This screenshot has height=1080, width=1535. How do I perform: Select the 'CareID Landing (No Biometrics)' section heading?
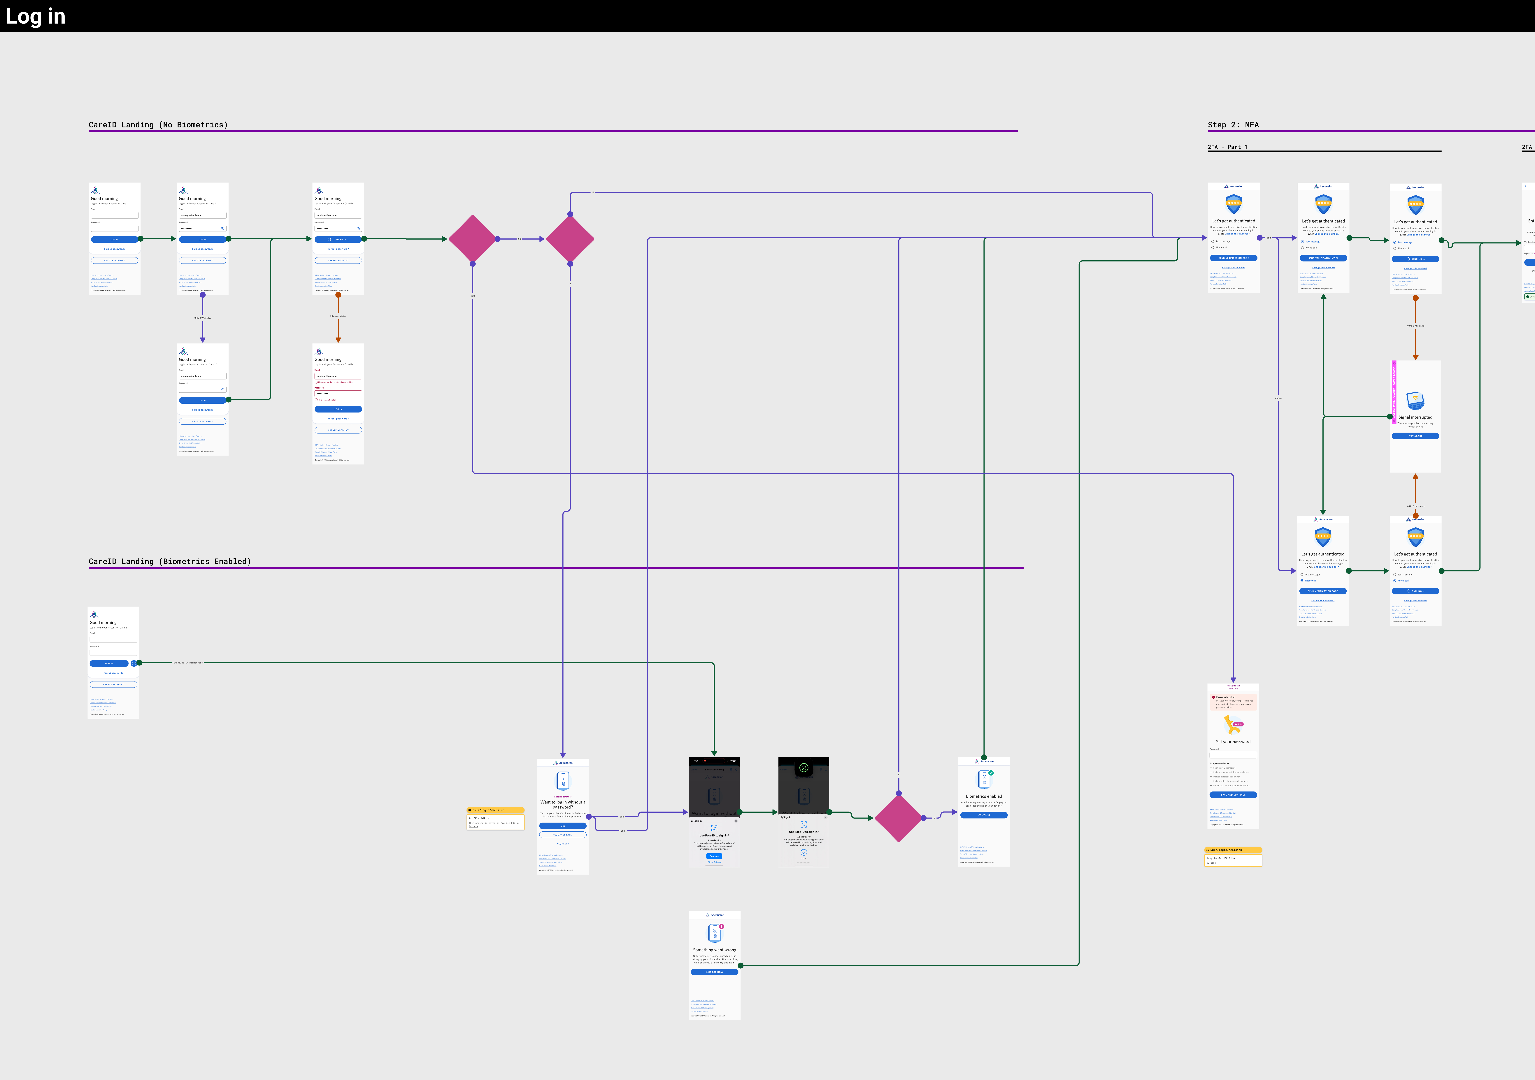[x=158, y=125]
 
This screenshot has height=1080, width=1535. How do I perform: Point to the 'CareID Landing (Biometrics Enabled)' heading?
[x=170, y=561]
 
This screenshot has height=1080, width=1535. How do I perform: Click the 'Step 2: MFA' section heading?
[x=1233, y=125]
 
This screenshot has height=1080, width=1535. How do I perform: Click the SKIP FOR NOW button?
[x=714, y=972]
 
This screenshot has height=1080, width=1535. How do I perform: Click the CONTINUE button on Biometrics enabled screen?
[x=983, y=815]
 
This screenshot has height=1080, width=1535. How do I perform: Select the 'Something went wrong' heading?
[x=714, y=950]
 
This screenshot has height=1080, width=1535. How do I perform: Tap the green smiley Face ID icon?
[x=804, y=768]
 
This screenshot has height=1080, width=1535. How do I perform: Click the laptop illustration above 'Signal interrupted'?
[x=1415, y=400]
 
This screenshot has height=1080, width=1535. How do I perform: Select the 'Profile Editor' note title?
[x=479, y=818]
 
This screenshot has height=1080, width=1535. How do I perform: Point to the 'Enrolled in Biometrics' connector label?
[x=188, y=663]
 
